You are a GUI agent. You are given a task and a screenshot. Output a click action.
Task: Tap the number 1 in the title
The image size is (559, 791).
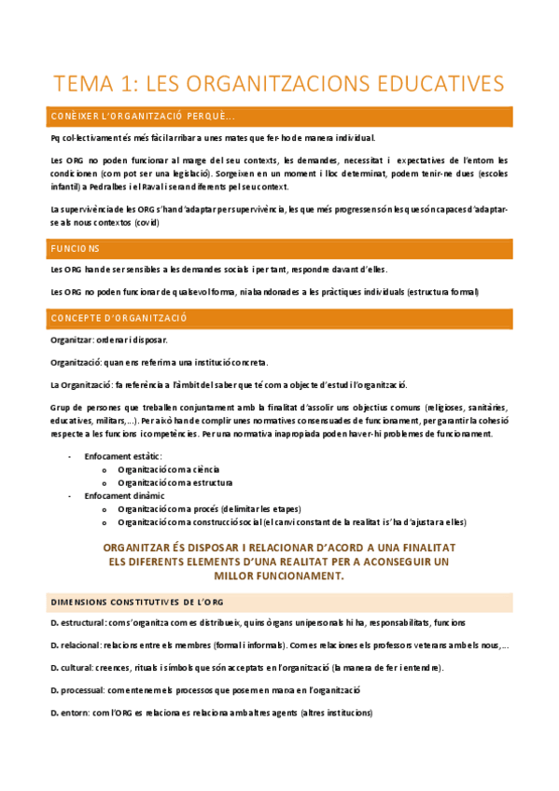coord(127,84)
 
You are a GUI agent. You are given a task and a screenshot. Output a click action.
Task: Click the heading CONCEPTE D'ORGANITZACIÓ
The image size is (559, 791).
coord(119,318)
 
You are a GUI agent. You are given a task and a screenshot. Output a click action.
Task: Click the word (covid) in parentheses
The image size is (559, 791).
coord(145,223)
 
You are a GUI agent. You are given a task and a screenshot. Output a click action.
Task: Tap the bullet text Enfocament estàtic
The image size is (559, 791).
coord(122,455)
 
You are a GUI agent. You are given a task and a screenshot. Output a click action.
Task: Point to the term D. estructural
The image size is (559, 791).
coord(78,622)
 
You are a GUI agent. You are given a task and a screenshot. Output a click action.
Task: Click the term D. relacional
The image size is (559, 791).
coord(76,645)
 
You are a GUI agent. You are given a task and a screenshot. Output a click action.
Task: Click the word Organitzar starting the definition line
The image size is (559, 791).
coord(71,340)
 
